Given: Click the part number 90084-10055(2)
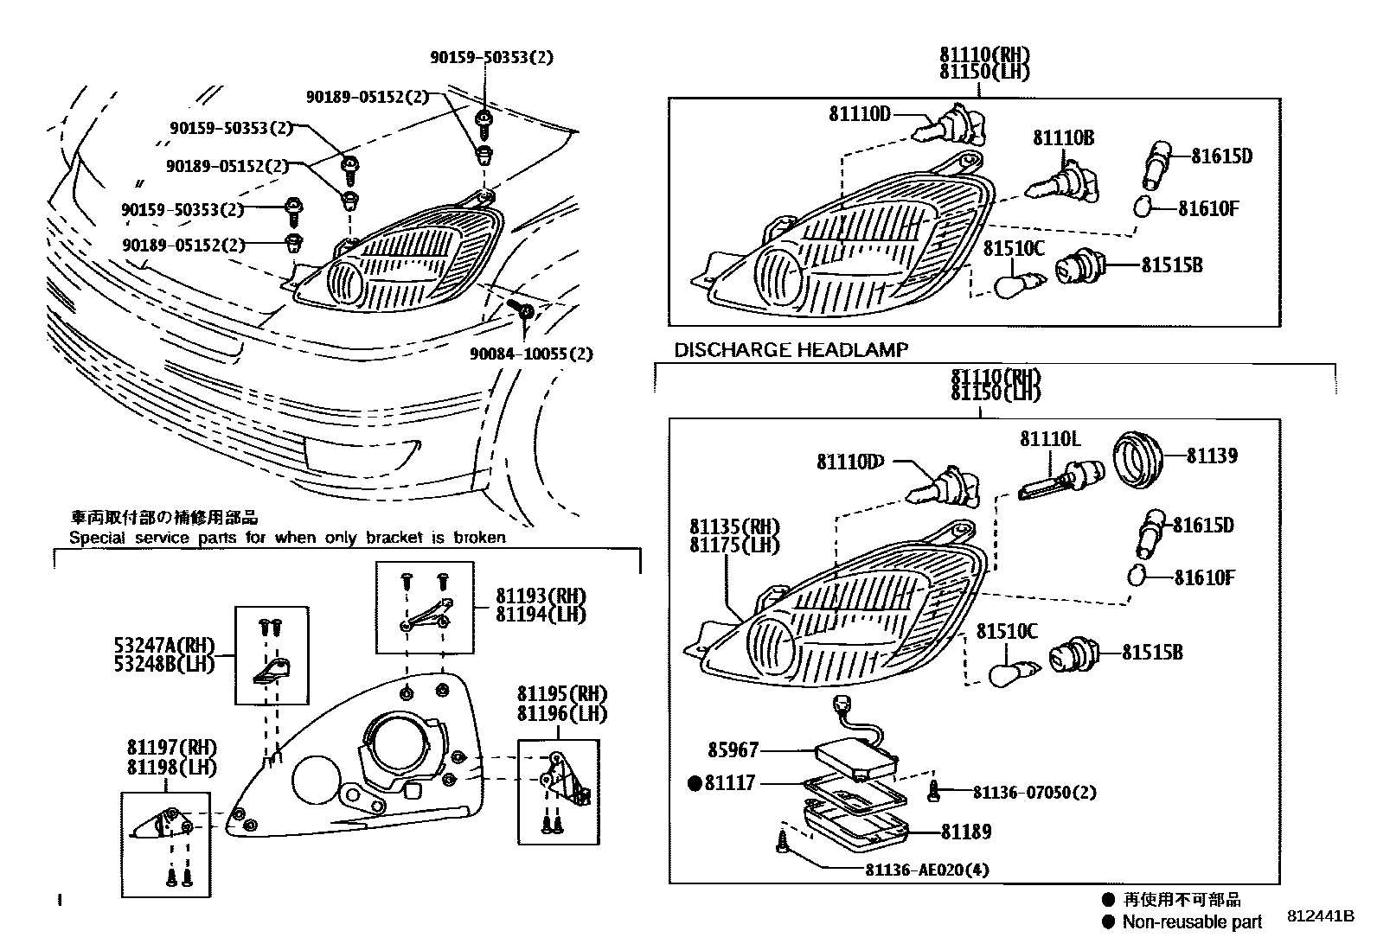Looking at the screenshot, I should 532,354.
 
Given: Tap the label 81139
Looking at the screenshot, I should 1211,456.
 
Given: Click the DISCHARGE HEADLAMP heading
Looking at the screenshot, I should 791,350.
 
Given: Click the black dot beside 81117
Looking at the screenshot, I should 694,784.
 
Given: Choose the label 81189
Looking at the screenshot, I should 966,832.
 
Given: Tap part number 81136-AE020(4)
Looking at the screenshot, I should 925,870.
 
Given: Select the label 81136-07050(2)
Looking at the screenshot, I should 1034,792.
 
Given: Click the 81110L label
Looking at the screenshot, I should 1050,439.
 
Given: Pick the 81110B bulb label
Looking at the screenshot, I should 1063,137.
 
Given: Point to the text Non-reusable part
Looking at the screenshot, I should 1192,921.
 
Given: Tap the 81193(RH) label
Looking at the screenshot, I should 541,596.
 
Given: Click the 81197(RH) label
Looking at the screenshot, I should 171,749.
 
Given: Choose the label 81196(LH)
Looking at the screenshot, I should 562,713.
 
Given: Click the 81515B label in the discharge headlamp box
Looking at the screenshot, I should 1152,653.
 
